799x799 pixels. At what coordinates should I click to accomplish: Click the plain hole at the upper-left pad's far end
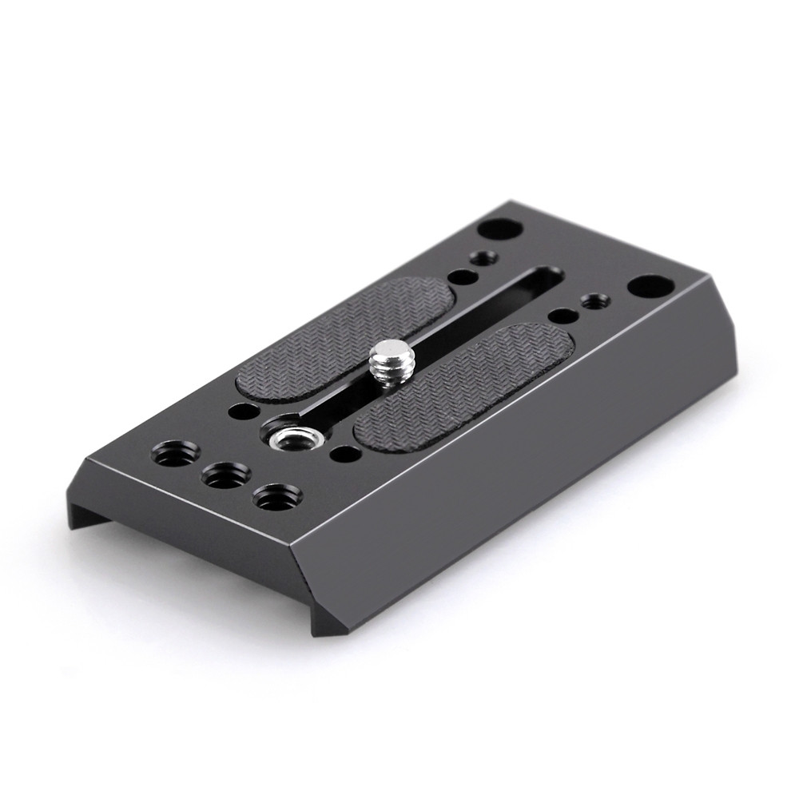[459, 277]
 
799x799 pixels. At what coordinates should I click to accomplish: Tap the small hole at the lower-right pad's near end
[345, 457]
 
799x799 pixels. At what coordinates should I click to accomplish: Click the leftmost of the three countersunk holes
[171, 452]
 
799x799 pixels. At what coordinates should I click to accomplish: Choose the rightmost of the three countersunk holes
[270, 498]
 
